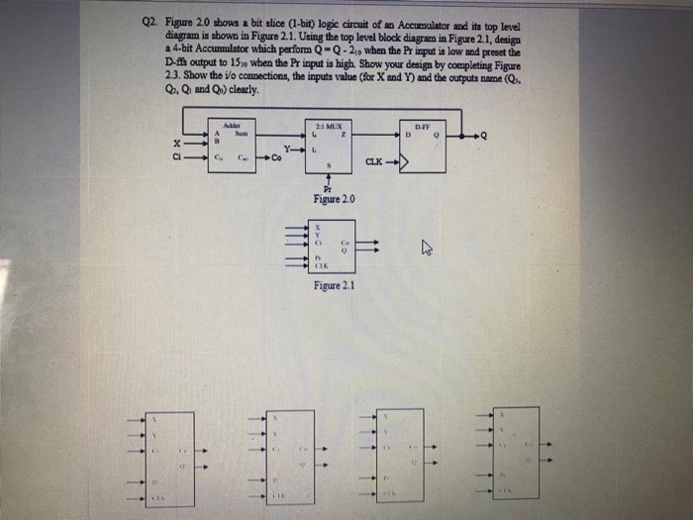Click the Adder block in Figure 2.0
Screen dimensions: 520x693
[233, 145]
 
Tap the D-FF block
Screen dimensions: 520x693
[422, 145]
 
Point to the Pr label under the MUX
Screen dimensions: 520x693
[329, 188]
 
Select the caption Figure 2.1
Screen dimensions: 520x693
[332, 286]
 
